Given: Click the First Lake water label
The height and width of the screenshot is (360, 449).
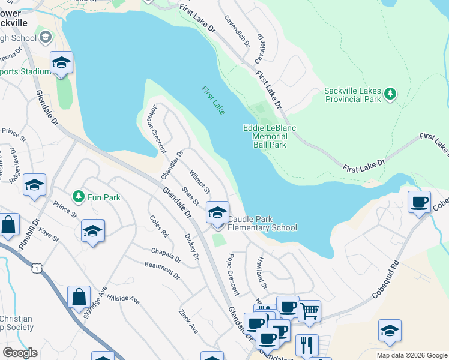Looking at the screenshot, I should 213,100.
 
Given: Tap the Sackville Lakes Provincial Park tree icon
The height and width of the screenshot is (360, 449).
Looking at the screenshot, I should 390,93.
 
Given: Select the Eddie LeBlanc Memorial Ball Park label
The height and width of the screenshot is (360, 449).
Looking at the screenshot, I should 265,136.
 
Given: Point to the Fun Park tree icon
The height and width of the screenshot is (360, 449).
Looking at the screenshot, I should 78,197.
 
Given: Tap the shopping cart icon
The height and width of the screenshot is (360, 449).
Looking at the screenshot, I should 309,311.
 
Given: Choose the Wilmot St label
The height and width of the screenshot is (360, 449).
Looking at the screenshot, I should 199,182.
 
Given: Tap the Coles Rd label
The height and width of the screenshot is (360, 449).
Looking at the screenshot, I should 159,226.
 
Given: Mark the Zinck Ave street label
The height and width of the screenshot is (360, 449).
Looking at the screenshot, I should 188,322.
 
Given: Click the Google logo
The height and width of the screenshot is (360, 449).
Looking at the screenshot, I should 20,353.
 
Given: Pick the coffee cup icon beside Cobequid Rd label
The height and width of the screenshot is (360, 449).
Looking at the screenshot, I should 418,202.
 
